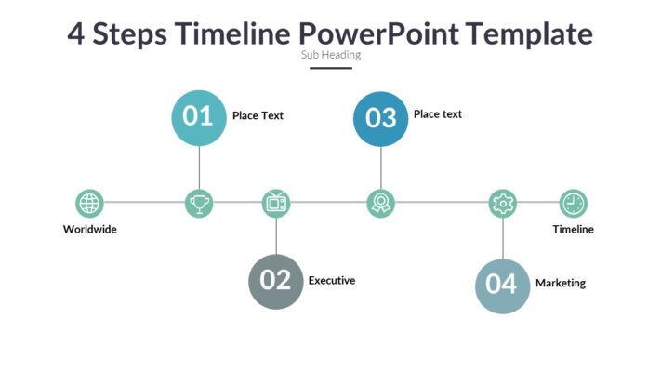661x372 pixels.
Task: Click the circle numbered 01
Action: pyautogui.click(x=199, y=117)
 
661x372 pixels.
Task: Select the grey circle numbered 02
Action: pyautogui.click(x=276, y=281)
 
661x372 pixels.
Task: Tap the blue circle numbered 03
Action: pyautogui.click(x=381, y=118)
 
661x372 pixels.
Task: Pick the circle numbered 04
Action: pyautogui.click(x=502, y=285)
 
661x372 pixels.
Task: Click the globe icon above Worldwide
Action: pyautogui.click(x=89, y=203)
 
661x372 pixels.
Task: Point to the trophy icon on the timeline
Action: pyautogui.click(x=199, y=203)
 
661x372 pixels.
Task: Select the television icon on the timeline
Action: pyautogui.click(x=276, y=203)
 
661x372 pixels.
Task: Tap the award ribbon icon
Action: pyautogui.click(x=380, y=203)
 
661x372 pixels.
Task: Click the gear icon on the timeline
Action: pyautogui.click(x=502, y=203)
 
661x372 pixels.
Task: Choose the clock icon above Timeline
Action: pyautogui.click(x=573, y=203)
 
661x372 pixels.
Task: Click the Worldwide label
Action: pyautogui.click(x=90, y=230)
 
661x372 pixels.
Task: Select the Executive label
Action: pyautogui.click(x=332, y=280)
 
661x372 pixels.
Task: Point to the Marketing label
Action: pyautogui.click(x=561, y=284)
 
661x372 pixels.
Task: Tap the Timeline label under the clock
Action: pyautogui.click(x=573, y=230)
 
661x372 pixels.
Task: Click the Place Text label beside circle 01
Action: pyautogui.click(x=258, y=116)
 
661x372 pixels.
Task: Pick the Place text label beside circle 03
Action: pyautogui.click(x=438, y=114)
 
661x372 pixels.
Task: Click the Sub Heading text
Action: pyautogui.click(x=331, y=55)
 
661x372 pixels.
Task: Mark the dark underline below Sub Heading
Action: pyautogui.click(x=331, y=68)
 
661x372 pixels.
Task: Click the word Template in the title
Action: pyautogui.click(x=529, y=33)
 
